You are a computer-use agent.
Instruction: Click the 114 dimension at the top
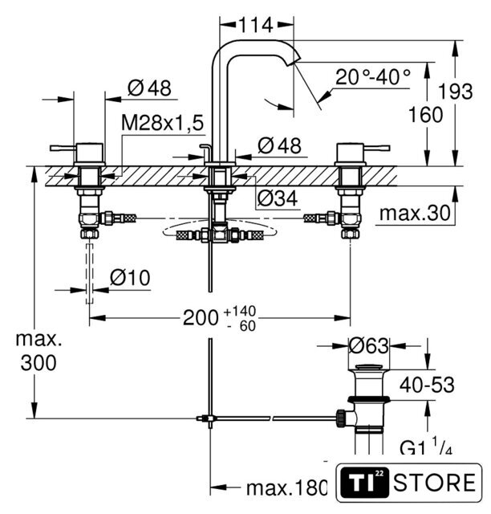[x=256, y=25]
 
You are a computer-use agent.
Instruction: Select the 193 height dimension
[x=455, y=91]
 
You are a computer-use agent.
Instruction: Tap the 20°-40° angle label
[x=373, y=77]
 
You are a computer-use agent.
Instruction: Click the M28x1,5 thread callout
[x=163, y=123]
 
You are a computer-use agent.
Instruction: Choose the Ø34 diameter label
[x=277, y=198]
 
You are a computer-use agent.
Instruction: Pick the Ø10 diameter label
[x=130, y=278]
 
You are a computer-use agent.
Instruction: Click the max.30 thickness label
[x=415, y=214]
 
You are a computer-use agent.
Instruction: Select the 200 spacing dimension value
[x=201, y=318]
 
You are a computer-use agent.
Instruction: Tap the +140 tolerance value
[x=239, y=311]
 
